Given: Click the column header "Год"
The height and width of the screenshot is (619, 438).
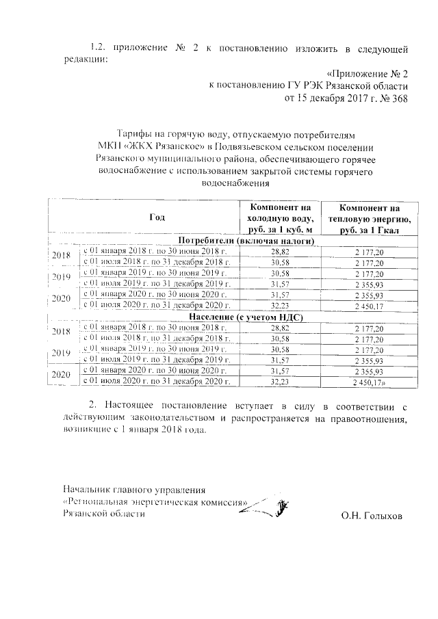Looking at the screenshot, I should click(x=157, y=218).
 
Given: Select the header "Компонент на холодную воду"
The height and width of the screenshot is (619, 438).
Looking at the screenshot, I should click(x=281, y=218).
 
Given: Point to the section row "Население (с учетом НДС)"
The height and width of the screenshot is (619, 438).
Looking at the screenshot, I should click(x=246, y=318).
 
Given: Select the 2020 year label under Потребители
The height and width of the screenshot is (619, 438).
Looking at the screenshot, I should click(x=62, y=299).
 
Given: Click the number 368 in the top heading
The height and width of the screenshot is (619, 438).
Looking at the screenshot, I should click(x=400, y=98).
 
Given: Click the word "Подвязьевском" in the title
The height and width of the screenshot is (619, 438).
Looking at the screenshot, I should click(x=266, y=146).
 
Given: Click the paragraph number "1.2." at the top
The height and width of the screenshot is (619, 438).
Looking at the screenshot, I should click(x=100, y=48).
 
